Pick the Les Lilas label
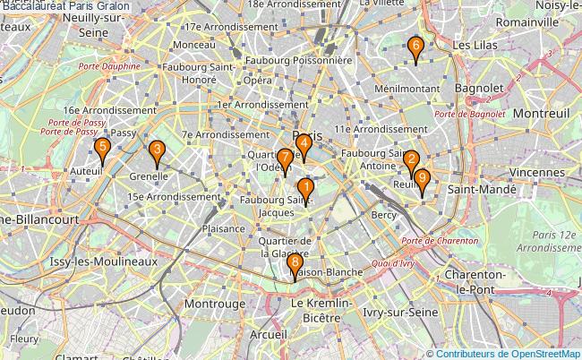coord(475,44)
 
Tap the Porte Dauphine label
coord(109,66)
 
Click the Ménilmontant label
coord(407,89)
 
